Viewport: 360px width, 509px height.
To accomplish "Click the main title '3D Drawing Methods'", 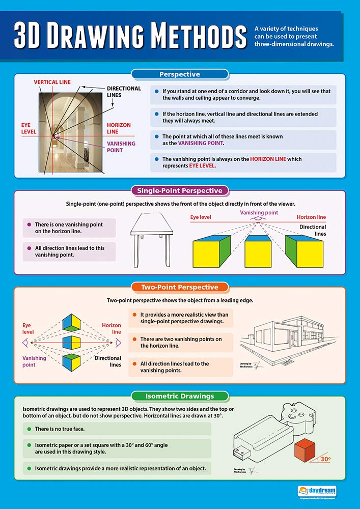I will pyautogui.click(x=130, y=37).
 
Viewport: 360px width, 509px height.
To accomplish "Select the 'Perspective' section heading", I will pyautogui.click(x=179, y=74).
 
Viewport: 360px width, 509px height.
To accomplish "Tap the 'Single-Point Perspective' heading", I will pyautogui.click(x=179, y=191).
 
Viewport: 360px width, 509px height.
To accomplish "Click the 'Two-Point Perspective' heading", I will pyautogui.click(x=179, y=287).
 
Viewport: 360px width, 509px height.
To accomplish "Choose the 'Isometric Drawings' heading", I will pyautogui.click(x=179, y=395).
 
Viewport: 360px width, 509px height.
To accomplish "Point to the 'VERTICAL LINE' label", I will pyautogui.click(x=52, y=82).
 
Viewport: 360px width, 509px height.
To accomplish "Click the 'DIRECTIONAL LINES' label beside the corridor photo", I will pyautogui.click(x=124, y=92).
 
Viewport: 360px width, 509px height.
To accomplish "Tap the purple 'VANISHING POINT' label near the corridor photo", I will pyautogui.click(x=121, y=147).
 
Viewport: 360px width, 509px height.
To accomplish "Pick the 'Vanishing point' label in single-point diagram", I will pyautogui.click(x=259, y=212).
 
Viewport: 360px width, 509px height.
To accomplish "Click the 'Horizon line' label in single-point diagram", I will pyautogui.click(x=311, y=217).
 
